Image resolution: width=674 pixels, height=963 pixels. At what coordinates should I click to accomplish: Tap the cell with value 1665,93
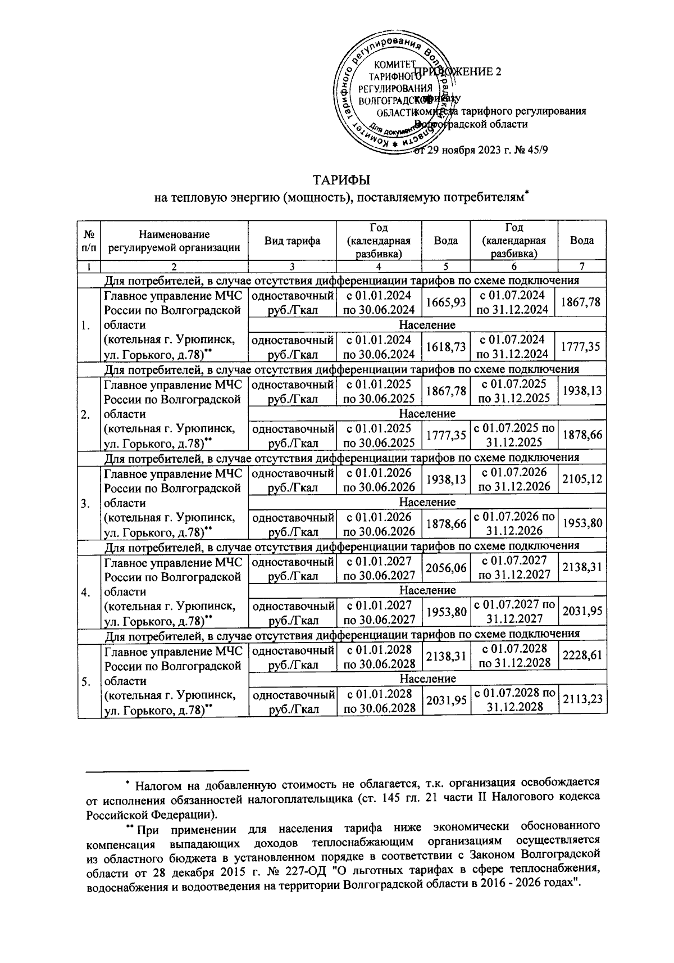point(446,302)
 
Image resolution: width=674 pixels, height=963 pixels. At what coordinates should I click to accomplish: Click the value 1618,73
point(446,347)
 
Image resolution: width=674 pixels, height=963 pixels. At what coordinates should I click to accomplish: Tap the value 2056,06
point(446,568)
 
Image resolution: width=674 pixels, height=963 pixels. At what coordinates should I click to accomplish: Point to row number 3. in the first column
point(85,504)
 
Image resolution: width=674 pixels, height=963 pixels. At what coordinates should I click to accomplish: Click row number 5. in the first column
point(85,682)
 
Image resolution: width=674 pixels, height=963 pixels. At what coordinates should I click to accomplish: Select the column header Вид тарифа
point(292,241)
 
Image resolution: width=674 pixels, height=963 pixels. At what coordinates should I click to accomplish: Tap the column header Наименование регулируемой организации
point(175,241)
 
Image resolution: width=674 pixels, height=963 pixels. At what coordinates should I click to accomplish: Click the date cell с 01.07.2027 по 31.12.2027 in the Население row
point(514,612)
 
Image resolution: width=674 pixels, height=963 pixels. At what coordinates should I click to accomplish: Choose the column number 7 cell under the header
point(582,266)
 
